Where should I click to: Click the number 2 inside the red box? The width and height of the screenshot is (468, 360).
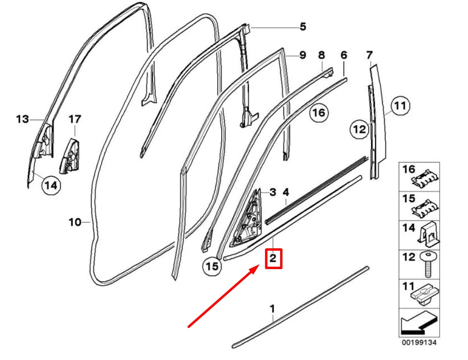click(x=274, y=259)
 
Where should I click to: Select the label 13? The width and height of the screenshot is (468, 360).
click(x=22, y=119)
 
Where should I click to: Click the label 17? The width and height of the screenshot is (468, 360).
click(x=74, y=119)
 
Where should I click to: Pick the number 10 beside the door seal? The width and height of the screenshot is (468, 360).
click(x=75, y=222)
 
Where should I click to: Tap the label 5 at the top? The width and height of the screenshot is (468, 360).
click(x=302, y=26)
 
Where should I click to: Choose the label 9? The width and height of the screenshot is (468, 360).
click(x=302, y=55)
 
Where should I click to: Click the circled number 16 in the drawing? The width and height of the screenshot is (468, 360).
click(x=319, y=113)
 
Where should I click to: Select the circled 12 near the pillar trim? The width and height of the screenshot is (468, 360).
click(x=360, y=129)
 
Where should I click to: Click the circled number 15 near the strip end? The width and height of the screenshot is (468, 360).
click(x=212, y=266)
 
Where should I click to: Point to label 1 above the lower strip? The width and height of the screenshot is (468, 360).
click(x=272, y=309)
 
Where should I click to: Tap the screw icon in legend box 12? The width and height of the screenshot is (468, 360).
click(x=428, y=263)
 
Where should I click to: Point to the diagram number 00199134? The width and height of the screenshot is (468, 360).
click(x=419, y=343)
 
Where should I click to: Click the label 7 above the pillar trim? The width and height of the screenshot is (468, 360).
click(x=370, y=55)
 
